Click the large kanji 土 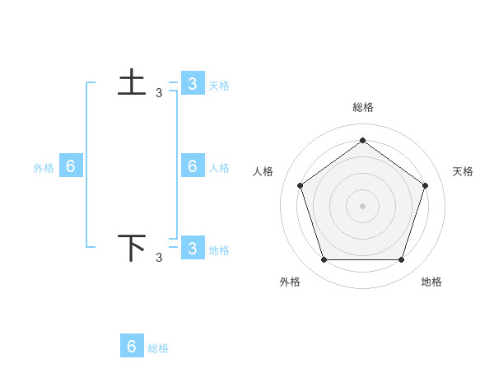point(133,84)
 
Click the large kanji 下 point(133,249)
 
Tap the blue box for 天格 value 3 point(192,83)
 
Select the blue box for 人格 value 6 point(193,166)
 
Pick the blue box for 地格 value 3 point(192,248)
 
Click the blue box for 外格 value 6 point(71,166)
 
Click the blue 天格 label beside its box point(219,85)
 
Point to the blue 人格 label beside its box point(219,168)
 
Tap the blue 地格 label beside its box point(219,250)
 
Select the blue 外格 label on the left point(44,168)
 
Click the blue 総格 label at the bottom point(158,348)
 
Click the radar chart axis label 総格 point(362,107)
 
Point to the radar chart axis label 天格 point(464,171)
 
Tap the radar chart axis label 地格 point(431,282)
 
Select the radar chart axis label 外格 point(290,282)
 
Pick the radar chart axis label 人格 point(263,171)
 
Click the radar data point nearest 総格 point(362,140)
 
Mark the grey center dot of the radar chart point(362,205)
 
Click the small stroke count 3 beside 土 point(159,93)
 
